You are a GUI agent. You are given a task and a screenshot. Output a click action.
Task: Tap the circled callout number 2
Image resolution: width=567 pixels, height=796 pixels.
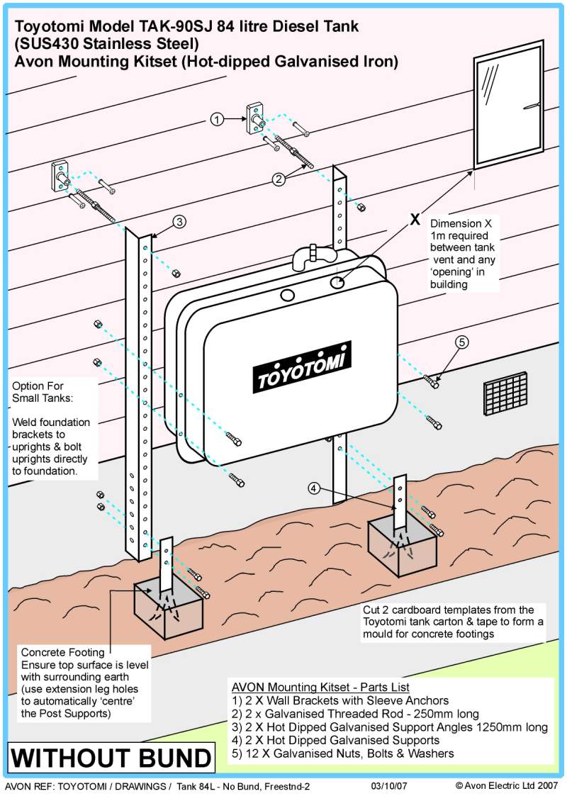click(x=280, y=179)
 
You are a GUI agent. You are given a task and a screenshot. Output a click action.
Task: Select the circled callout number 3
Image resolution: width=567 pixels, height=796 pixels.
click(x=179, y=222)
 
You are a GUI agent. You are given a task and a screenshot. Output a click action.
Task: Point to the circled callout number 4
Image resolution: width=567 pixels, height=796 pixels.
click(x=313, y=488)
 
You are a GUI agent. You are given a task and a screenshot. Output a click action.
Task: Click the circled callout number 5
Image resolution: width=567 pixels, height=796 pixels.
click(x=461, y=342)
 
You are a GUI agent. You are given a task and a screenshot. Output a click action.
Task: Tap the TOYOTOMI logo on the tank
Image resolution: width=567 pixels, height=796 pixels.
click(x=304, y=367)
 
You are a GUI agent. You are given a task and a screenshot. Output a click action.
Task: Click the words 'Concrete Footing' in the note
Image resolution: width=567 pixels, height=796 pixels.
click(x=62, y=652)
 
